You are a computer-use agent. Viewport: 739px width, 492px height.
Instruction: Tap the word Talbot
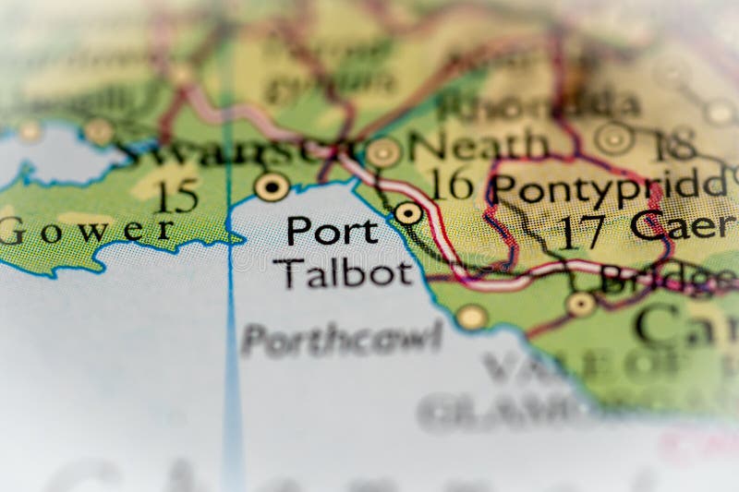point(343,273)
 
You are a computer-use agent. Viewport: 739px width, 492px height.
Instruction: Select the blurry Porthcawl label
point(342,339)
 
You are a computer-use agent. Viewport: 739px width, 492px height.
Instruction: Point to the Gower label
point(87,230)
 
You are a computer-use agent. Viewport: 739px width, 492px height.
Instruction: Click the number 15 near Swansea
point(176,196)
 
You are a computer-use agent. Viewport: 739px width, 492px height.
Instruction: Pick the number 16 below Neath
point(452,184)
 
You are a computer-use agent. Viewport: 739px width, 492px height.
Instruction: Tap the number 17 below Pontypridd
point(583,232)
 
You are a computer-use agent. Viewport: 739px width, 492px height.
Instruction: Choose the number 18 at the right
point(672,144)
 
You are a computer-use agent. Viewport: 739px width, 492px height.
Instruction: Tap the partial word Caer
point(684,224)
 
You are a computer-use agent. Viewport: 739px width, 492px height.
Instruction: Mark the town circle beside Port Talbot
point(408,213)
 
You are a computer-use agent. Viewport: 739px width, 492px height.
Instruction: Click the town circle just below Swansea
point(272,186)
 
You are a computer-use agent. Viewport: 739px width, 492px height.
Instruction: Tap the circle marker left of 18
point(614,138)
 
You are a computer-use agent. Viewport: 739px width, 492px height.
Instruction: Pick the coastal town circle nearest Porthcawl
point(472,317)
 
